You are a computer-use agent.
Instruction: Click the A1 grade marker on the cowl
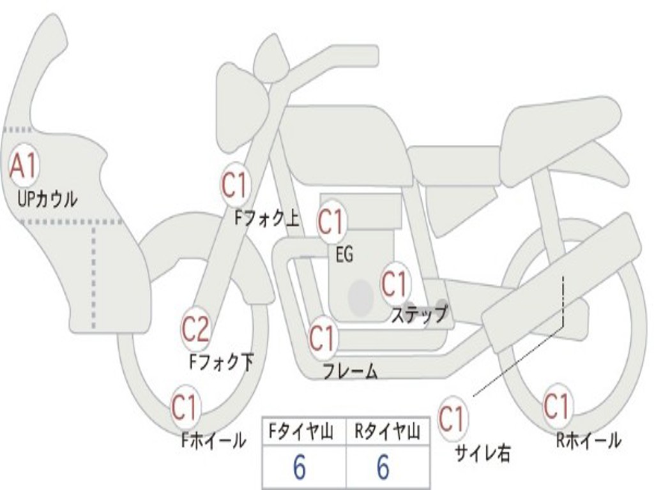[x=23, y=166]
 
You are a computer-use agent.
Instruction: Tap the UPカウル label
[x=47, y=198]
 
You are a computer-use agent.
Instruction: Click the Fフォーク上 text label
[x=266, y=219]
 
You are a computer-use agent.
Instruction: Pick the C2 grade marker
[x=195, y=329]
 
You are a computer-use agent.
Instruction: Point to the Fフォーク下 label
[x=221, y=362]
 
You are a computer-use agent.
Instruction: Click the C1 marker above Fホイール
[x=185, y=407]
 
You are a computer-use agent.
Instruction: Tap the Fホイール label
[x=213, y=440]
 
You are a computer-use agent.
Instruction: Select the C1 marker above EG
[x=331, y=222]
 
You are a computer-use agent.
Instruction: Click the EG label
[x=344, y=255]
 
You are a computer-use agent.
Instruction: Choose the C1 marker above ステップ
[x=394, y=283]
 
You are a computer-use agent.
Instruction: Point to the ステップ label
[x=419, y=315]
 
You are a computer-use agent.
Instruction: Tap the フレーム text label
[x=350, y=371]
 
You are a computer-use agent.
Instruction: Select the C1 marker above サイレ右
[x=452, y=419]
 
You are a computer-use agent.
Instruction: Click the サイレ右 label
[x=482, y=453]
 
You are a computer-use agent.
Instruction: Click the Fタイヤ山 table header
[x=303, y=433]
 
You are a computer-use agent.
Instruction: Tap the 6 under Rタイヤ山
[x=383, y=468]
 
